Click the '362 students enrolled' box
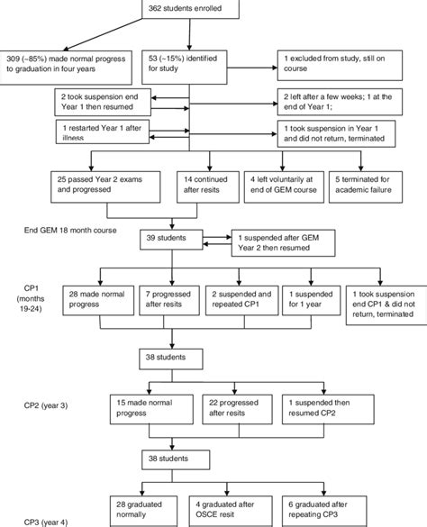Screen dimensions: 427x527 point(191,9)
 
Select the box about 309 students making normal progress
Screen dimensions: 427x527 point(66,68)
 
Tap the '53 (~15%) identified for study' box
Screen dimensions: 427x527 point(185,68)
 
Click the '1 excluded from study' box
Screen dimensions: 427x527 point(340,66)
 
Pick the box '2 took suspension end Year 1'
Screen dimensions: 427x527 point(103,102)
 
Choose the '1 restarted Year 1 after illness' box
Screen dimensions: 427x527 point(103,132)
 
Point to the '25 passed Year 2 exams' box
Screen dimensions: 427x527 point(105,186)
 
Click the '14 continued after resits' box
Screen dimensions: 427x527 point(208,186)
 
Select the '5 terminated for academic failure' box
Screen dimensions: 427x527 point(366,186)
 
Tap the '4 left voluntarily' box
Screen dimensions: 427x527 point(284,186)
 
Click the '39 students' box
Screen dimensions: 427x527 point(171,240)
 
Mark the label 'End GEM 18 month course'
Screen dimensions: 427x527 point(70,231)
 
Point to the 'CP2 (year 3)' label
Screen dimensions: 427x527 point(46,405)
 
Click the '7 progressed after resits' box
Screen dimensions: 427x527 point(169,301)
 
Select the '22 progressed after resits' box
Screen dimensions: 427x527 point(237,409)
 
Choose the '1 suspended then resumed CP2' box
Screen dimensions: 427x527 point(328,409)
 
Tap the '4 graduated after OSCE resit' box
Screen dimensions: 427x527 point(231,511)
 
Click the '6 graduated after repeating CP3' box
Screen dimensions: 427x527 point(324,511)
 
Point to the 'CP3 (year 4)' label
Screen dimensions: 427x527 point(46,522)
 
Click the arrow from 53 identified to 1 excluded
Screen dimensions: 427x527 point(252,68)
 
